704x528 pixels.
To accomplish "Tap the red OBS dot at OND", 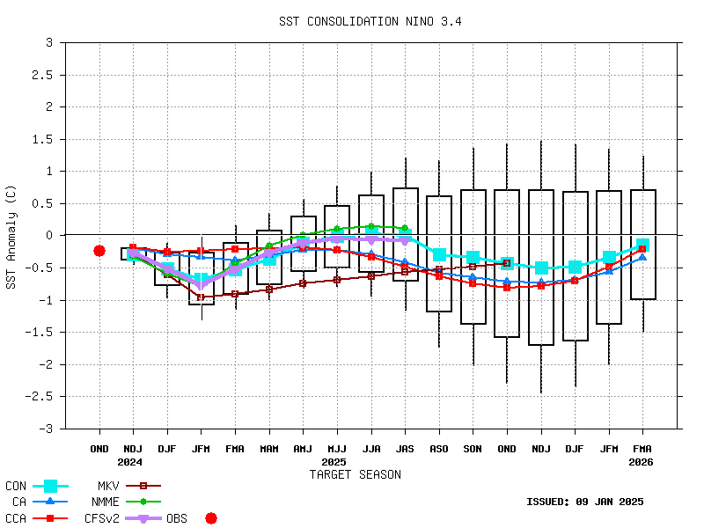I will pyautogui.click(x=99, y=251).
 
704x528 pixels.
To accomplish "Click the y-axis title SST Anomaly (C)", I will pyautogui.click(x=11, y=235).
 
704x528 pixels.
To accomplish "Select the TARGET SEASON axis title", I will pyautogui.click(x=355, y=474).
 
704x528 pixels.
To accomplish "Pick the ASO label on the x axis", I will pyautogui.click(x=439, y=448).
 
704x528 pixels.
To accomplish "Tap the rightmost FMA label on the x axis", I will pyautogui.click(x=642, y=448).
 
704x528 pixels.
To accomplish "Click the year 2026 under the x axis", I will pyautogui.click(x=642, y=461).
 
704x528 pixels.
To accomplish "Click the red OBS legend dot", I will pyautogui.click(x=211, y=518).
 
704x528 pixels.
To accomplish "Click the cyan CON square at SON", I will pyautogui.click(x=473, y=258).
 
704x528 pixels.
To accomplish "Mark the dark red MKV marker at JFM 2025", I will pyautogui.click(x=201, y=297).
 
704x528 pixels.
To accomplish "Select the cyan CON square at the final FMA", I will pyautogui.click(x=642, y=246).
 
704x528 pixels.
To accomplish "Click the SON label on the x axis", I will pyautogui.click(x=473, y=448).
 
